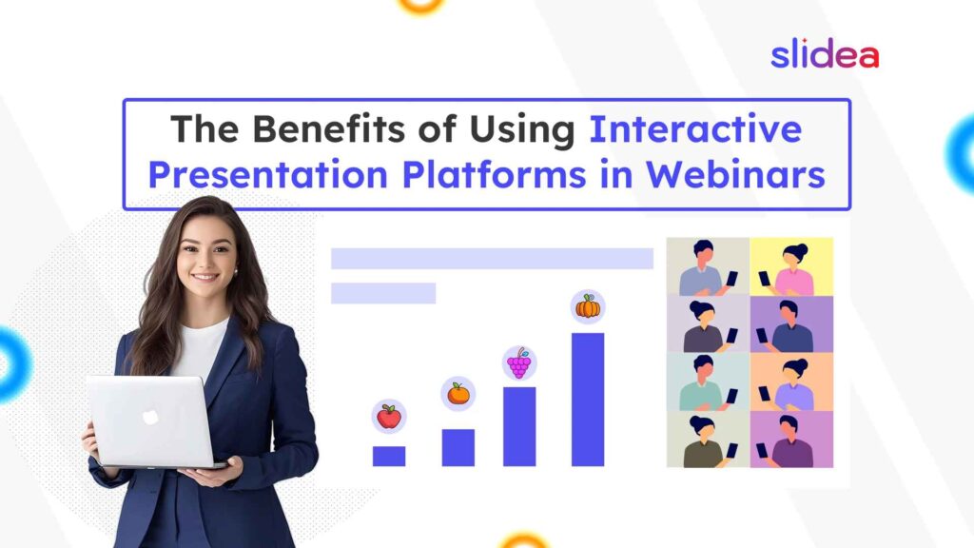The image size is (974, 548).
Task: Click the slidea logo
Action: (x=824, y=54)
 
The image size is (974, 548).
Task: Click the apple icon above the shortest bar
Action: (x=388, y=417)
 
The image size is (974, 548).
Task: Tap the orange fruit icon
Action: (x=458, y=393)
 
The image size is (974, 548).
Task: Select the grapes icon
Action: (x=518, y=363)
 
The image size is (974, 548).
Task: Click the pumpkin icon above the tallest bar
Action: (x=588, y=306)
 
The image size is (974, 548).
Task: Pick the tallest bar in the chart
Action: (x=588, y=400)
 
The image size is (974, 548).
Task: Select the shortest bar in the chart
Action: (x=388, y=456)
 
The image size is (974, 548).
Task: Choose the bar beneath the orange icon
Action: (x=458, y=447)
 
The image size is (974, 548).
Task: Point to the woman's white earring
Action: (x=235, y=271)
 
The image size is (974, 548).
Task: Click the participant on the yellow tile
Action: (x=792, y=268)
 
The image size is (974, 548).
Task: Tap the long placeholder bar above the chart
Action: (x=492, y=259)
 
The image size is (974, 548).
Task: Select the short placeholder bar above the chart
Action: (x=383, y=293)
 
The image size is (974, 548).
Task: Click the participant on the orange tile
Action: (x=792, y=382)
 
